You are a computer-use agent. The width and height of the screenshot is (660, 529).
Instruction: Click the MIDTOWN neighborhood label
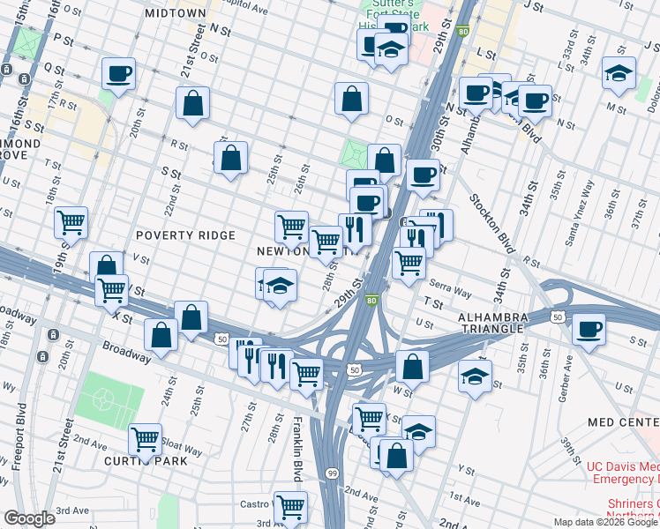176,14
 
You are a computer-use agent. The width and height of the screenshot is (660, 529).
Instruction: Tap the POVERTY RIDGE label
185,235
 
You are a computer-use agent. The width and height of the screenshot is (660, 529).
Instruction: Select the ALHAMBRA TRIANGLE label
493,323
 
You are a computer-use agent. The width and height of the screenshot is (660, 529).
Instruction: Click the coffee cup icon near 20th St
118,73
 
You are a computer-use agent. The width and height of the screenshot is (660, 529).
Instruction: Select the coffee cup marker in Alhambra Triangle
589,330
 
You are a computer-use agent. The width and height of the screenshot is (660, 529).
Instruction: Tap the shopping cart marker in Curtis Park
145,438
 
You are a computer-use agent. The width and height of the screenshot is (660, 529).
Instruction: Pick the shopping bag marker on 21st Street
192,102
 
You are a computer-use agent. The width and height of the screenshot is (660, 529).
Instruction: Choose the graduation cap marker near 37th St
619,73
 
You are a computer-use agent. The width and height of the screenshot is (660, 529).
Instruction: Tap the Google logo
29,518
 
